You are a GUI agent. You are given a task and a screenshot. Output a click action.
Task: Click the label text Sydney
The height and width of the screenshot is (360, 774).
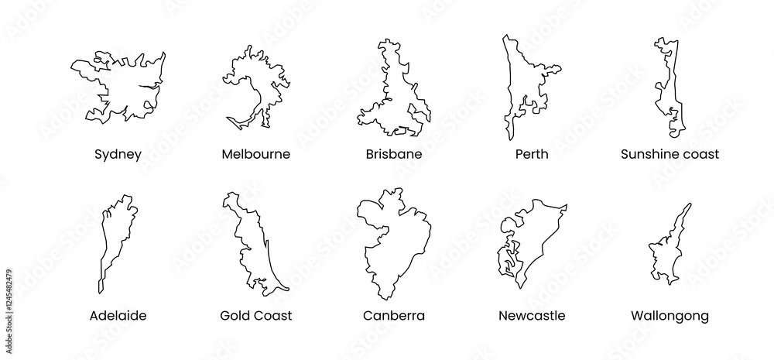click(x=118, y=154)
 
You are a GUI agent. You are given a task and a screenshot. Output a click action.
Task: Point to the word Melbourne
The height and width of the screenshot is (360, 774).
click(x=255, y=154)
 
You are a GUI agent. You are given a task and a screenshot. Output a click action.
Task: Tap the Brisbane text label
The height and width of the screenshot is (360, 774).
click(x=394, y=154)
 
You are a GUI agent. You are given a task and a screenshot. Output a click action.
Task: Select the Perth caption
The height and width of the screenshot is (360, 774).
click(x=532, y=154)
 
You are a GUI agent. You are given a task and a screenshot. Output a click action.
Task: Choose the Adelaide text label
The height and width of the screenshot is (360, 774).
click(x=118, y=316)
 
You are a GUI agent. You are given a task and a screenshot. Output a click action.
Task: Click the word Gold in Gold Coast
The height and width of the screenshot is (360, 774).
click(x=235, y=316)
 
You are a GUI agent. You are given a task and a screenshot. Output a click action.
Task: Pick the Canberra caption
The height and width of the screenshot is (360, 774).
click(x=394, y=316)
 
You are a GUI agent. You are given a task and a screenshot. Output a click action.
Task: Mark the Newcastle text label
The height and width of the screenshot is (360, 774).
click(x=532, y=316)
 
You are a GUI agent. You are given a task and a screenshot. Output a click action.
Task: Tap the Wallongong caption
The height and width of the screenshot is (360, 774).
click(x=670, y=316)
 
